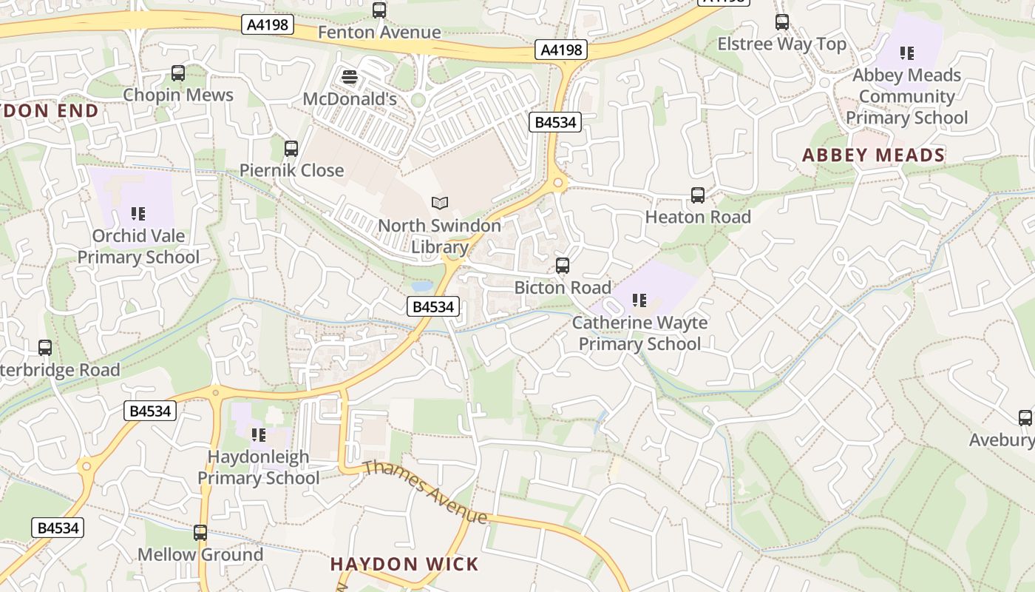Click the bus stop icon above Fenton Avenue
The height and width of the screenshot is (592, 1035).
tap(379, 10)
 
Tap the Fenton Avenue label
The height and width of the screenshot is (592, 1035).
tap(379, 33)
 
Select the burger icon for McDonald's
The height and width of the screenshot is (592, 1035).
tap(350, 77)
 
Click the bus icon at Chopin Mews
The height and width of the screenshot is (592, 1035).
tap(178, 73)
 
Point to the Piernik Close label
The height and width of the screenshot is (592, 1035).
tap(292, 170)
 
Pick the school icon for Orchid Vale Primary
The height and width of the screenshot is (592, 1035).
tap(138, 214)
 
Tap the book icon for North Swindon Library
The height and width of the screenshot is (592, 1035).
tap(440, 203)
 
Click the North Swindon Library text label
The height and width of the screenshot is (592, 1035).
tap(440, 236)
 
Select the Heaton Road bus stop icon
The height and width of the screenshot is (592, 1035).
tap(698, 195)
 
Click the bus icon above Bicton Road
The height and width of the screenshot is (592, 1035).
tap(563, 266)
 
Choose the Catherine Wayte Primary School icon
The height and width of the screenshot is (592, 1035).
tap(639, 300)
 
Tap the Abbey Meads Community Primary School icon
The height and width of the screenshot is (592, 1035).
tap(907, 53)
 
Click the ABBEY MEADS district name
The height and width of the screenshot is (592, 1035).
tap(874, 155)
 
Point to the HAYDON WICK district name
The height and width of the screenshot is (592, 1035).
tap(405, 564)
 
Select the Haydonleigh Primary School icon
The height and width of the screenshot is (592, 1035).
tap(259, 434)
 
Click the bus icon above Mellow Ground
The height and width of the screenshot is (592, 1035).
tap(200, 532)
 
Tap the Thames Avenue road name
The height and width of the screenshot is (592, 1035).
tap(425, 491)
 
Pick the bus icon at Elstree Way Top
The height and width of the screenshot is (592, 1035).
tap(782, 22)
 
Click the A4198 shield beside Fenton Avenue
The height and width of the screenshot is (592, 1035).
tap(268, 25)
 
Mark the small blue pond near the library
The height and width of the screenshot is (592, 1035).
tap(421, 286)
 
